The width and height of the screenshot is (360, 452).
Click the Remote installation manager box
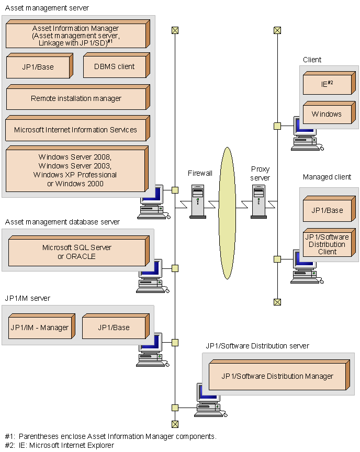[76, 98]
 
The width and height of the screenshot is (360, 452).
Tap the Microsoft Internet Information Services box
[76, 130]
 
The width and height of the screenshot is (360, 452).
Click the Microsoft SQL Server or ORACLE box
[77, 252]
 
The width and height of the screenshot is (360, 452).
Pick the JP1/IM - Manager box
[40, 327]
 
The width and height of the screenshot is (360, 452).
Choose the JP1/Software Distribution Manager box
[277, 376]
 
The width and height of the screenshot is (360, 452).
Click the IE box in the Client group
[327, 84]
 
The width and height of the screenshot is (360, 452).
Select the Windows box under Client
[327, 114]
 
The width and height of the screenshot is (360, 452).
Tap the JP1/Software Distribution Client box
[327, 244]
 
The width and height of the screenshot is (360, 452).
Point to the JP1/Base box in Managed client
[327, 210]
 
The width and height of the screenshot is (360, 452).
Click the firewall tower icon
[198, 201]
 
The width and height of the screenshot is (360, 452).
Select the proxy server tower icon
[259, 201]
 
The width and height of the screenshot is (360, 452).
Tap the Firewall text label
[200, 173]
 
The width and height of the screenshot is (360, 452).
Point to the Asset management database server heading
[62, 222]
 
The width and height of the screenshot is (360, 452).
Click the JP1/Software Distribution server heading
[257, 346]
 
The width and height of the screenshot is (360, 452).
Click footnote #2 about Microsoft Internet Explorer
[59, 445]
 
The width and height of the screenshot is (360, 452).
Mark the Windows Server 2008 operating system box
[75, 170]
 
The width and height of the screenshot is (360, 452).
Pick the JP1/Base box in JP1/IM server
[114, 327]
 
